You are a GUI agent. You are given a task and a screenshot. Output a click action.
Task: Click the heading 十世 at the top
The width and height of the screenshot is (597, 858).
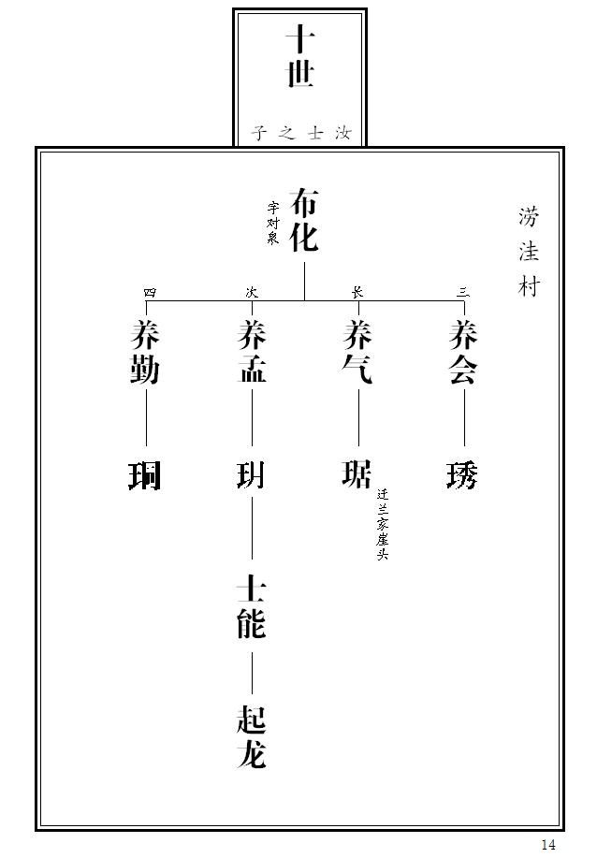pos(299,56)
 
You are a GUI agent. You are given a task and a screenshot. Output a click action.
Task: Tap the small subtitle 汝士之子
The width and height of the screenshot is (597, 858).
pos(301,133)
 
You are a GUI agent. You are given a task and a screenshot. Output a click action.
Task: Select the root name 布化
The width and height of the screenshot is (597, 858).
pos(304,220)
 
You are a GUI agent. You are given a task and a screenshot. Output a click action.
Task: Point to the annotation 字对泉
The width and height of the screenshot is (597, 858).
pos(273,223)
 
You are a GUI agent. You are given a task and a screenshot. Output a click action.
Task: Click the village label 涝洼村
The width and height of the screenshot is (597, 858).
pos(529,252)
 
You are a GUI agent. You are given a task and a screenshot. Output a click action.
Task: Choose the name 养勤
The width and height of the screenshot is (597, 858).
pos(145,352)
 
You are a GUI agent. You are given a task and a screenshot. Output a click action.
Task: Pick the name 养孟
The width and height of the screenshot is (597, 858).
pos(252,352)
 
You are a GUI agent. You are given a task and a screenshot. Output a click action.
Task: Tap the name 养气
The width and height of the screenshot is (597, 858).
pos(357,352)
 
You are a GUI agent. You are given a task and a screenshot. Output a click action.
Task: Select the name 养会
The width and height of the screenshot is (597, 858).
pos(463,352)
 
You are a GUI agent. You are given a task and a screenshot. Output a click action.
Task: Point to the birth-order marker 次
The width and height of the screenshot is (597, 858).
pos(251,292)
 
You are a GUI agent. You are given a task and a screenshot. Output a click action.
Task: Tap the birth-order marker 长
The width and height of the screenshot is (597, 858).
pos(357,292)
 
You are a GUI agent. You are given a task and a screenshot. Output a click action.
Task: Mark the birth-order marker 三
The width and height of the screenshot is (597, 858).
pos(463,293)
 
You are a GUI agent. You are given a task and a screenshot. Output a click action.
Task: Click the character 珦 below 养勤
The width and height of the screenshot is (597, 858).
pos(144,475)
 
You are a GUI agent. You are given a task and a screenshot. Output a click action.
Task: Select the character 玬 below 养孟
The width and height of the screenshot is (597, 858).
pos(251,475)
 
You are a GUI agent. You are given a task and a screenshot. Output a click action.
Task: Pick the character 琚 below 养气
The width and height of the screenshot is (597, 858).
pos(357,473)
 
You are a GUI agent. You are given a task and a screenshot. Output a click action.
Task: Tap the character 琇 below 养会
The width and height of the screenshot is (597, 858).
pos(462,475)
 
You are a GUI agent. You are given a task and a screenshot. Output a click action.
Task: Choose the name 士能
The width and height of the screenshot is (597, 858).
pos(252,606)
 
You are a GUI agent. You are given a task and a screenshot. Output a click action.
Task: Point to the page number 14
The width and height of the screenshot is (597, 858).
pos(547,844)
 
